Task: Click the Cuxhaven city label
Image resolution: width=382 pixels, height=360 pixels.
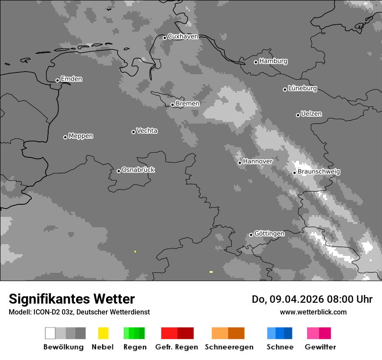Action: [183, 36]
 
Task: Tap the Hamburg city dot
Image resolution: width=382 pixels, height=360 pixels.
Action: [256, 62]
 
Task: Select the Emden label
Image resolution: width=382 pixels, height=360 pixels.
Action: [71, 79]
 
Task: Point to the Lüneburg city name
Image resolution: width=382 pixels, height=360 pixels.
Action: [303, 88]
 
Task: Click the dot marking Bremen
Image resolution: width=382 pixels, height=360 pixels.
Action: [172, 105]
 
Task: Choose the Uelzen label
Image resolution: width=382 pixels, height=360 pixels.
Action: [311, 114]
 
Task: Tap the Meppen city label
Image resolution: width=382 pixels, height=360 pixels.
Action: [81, 136]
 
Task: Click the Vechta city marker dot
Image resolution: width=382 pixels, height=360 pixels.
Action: [133, 132]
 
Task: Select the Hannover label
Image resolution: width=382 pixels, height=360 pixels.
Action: [258, 161]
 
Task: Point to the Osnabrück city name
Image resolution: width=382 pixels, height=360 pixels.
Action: [138, 170]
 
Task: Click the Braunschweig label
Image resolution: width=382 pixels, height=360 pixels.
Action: [319, 171]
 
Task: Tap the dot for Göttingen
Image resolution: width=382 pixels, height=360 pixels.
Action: [251, 235]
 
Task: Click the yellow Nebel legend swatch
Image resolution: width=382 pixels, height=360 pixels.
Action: [103, 333]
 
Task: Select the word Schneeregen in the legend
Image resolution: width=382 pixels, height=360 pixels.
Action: [229, 347]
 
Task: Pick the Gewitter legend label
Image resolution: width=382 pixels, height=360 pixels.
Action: [320, 347]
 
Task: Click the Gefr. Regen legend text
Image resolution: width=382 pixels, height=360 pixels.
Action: [177, 347]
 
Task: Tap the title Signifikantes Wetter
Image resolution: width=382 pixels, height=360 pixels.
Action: [72, 299]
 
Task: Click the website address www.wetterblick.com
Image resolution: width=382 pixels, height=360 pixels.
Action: [313, 312]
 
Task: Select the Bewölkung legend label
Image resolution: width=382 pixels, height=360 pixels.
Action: [63, 347]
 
